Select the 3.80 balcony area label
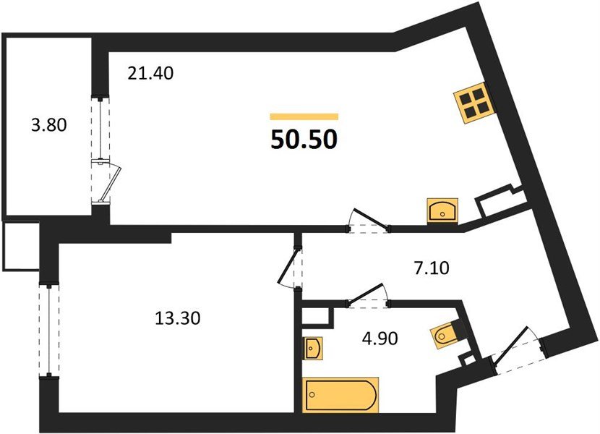click(x=49, y=125)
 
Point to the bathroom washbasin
click(x=314, y=349)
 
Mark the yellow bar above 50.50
click(x=304, y=116)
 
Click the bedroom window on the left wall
click(x=48, y=329)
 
